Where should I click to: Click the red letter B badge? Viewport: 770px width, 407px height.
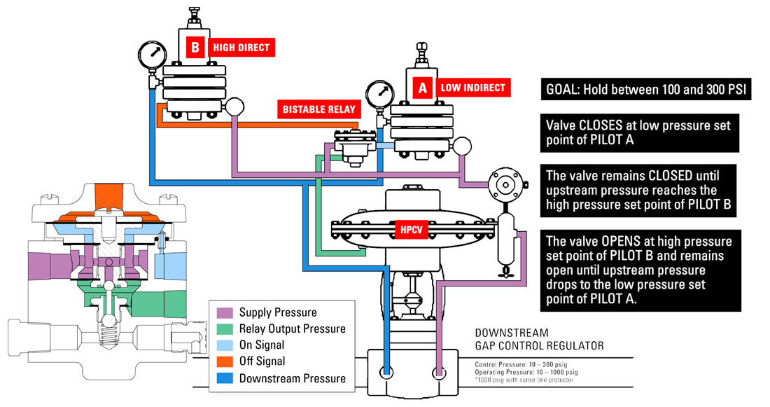196,48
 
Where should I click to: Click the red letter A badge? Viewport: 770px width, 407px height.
422,88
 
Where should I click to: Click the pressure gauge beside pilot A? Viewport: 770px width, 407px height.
379,95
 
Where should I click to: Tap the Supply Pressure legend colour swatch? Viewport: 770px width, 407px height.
225,312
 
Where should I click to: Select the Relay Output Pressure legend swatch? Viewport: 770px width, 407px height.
225,329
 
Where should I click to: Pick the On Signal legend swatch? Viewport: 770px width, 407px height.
225,345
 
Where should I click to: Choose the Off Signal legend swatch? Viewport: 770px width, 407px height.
225,361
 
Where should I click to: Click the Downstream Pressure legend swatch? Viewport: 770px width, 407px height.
225,378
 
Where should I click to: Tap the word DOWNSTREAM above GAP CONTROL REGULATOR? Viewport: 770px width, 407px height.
511,333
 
